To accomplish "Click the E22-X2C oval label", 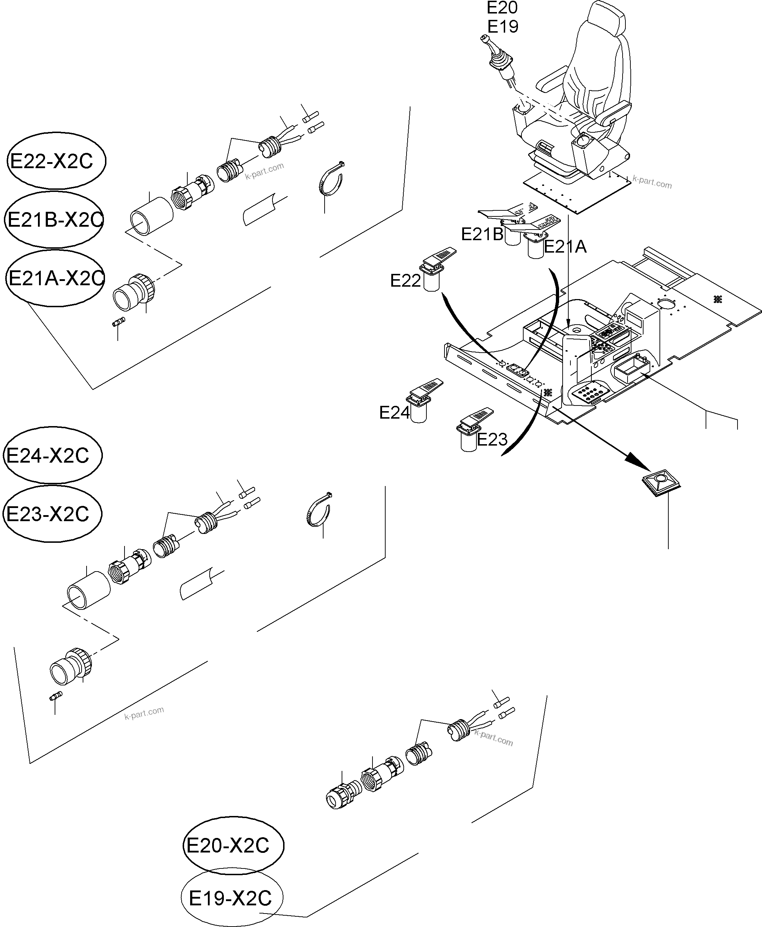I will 56,161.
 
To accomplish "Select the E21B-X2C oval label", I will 54,220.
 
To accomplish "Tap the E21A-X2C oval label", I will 55,278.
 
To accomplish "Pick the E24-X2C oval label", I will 53,455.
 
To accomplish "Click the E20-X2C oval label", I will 233,845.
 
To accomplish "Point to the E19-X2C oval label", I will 232,898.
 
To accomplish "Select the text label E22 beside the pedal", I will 405,281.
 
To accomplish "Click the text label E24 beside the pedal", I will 394,413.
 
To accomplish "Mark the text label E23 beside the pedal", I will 492,439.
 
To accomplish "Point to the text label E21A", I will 565,247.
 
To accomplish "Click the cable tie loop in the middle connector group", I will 318,510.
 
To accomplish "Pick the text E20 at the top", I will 502,8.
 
